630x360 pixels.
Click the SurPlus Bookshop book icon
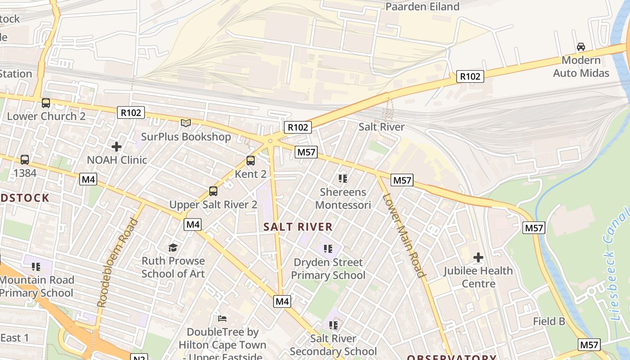pos(186,123)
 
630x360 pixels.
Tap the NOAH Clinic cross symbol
pos(117,146)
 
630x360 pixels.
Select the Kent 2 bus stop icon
pos(251,160)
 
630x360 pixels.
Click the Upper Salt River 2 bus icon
pos(213,191)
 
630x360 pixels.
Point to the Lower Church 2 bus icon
pos(46,103)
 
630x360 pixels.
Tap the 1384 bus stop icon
pos(25,159)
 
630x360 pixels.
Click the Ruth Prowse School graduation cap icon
pos(173,247)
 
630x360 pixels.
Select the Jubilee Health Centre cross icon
pos(478,257)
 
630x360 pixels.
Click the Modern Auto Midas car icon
pos(581,47)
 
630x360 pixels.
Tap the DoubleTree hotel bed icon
pos(222,319)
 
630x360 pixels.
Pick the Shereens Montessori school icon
pos(343,179)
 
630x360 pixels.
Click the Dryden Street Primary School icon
pos(328,248)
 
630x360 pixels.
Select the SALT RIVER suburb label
pos(298,227)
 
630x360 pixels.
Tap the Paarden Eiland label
pos(423,6)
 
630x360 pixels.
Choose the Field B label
pos(549,321)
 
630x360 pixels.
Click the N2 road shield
pos(139,358)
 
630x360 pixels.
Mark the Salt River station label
pos(382,127)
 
